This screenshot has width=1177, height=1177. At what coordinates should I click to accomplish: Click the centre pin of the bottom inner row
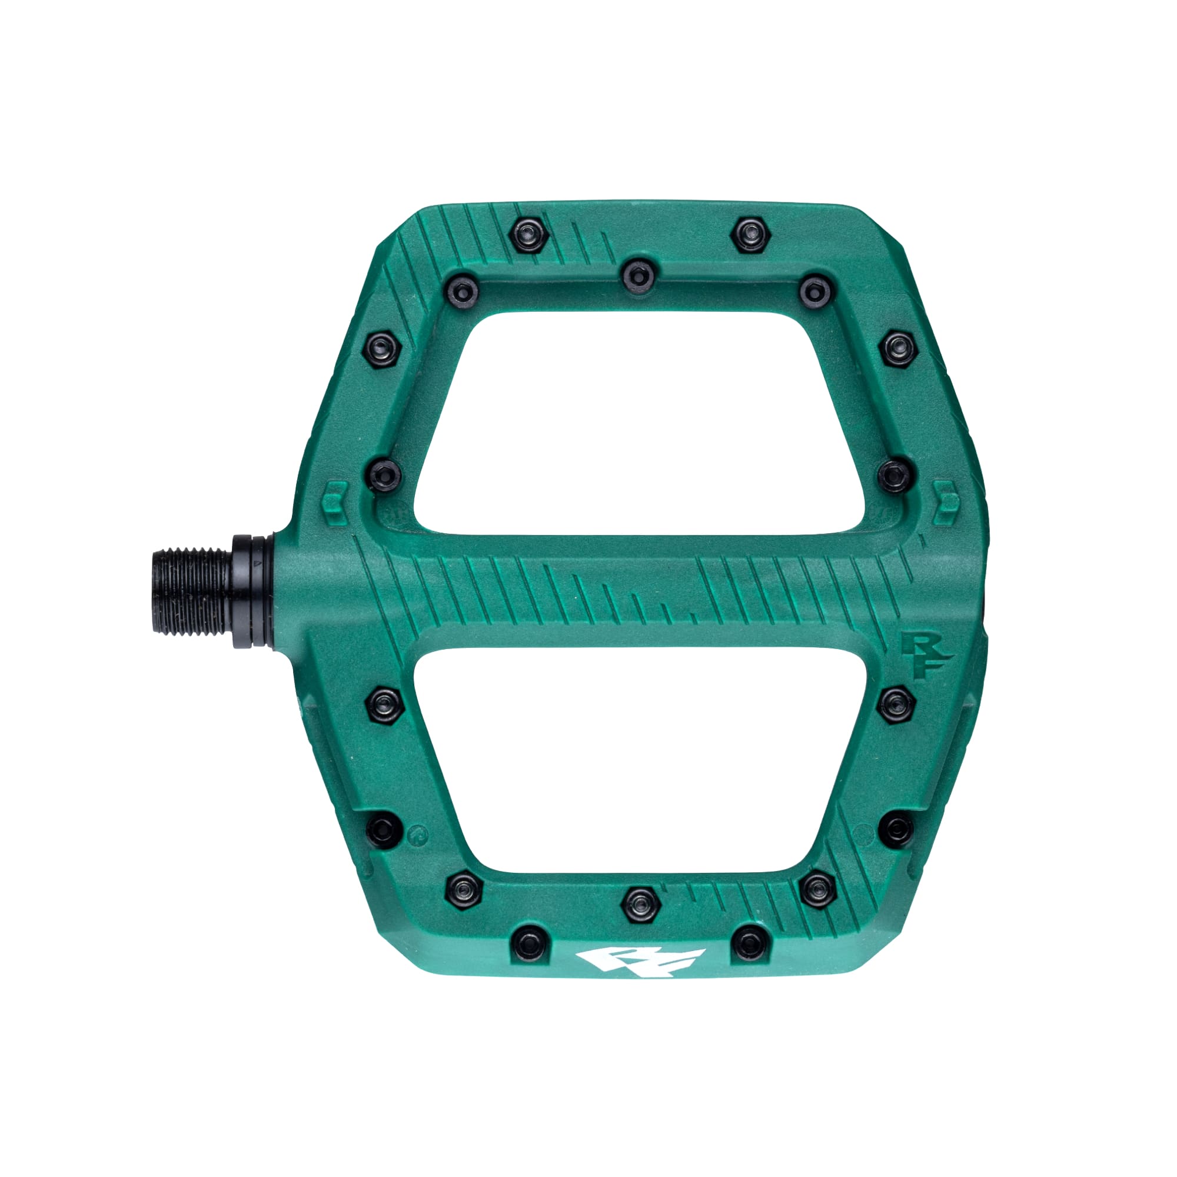point(640,904)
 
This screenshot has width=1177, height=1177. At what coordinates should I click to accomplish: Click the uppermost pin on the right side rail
point(899,347)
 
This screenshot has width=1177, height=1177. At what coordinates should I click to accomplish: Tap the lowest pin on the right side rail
point(899,829)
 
